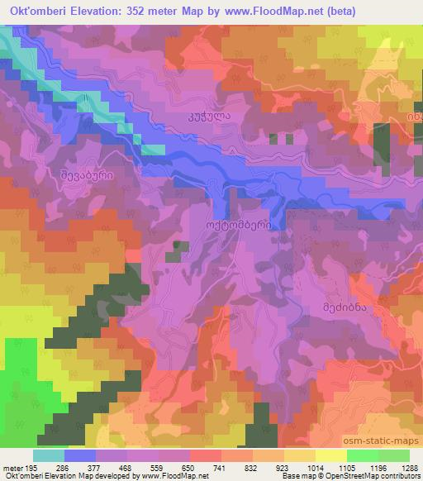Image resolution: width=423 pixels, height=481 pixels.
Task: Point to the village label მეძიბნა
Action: pos(343,305)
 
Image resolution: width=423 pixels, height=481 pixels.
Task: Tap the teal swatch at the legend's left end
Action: pos(48,455)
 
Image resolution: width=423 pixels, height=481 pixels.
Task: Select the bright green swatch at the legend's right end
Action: pos(392,455)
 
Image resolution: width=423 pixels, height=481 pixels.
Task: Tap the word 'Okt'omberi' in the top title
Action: pos(40,9)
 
